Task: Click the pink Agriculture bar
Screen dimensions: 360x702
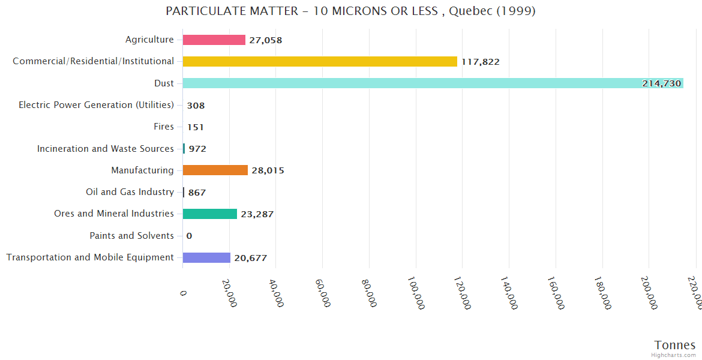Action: (x=214, y=40)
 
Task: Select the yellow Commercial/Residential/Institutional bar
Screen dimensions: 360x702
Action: (x=320, y=61)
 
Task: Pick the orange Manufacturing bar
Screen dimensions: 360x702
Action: (x=215, y=170)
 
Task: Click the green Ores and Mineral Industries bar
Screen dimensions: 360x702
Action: (x=209, y=214)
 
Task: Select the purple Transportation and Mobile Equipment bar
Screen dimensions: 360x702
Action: (x=206, y=257)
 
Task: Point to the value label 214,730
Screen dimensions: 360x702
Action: (x=661, y=83)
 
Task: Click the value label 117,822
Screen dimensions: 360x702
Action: (x=480, y=62)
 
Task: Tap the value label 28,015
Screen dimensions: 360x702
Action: (x=268, y=170)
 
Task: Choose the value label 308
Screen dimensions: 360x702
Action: (x=196, y=106)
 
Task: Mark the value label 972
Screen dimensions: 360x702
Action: (x=197, y=149)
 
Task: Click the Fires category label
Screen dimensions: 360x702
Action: (x=164, y=127)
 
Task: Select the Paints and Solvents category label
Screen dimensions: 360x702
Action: (x=131, y=236)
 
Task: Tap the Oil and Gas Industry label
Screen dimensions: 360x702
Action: (x=130, y=192)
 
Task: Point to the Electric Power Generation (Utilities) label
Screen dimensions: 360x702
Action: (x=96, y=105)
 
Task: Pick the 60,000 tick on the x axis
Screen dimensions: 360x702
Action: (x=323, y=292)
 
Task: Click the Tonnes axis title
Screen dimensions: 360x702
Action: (x=674, y=345)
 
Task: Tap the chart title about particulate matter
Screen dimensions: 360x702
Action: (x=350, y=11)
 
